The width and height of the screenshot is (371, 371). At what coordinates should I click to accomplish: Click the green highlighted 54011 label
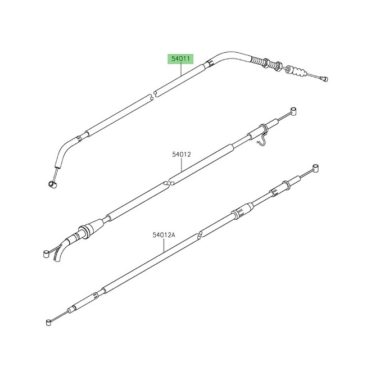pos(180,59)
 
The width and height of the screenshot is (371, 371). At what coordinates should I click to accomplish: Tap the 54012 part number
pos(181,155)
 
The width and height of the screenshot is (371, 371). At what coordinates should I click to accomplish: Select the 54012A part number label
pos(164,235)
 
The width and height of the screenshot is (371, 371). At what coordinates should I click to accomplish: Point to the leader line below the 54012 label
pos(181,165)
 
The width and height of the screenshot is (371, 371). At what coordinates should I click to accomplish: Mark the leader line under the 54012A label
pos(164,245)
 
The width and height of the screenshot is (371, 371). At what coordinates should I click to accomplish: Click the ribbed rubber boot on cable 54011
pos(299,71)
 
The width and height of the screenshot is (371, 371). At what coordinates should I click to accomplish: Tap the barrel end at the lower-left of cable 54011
pos(52,184)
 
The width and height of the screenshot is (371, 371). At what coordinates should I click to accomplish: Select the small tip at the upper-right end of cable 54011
pos(324,79)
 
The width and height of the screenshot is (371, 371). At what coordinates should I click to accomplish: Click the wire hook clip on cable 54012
pos(263,139)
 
